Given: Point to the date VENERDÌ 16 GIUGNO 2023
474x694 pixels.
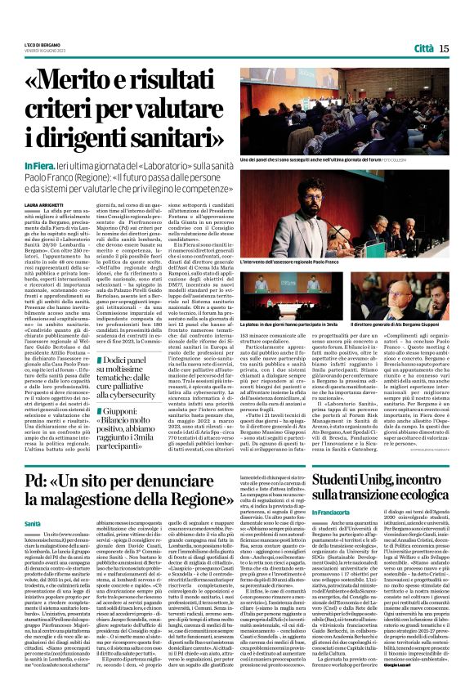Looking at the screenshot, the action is click(42, 51).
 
